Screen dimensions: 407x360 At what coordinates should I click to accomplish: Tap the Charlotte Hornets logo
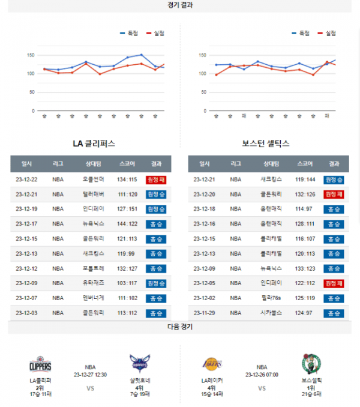coord(139,364)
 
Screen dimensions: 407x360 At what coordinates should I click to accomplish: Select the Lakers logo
coord(212,364)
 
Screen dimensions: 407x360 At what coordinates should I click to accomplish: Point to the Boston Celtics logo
coord(311,364)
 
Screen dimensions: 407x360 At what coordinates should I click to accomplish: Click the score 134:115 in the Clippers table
coord(127,179)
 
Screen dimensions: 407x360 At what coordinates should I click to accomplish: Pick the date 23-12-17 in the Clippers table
coord(26,223)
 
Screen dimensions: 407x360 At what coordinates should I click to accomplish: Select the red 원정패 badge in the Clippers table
coord(155,179)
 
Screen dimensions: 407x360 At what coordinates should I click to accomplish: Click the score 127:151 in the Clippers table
coord(127,209)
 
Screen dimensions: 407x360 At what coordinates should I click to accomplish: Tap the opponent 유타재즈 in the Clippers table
coord(93,283)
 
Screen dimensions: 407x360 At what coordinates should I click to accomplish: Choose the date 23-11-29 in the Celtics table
coord(204,312)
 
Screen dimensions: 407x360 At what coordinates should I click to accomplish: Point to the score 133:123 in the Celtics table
coord(305,268)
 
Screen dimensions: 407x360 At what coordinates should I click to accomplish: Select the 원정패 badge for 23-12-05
coord(334,283)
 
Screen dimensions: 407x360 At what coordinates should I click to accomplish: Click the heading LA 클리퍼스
coord(94,144)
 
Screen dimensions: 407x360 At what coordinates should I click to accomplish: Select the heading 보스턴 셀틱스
coord(266,144)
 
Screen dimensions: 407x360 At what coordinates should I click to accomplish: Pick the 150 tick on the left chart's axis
coord(30,55)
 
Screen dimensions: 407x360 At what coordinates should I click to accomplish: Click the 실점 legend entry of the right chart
coord(328,34)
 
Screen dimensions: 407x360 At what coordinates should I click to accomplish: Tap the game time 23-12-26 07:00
coord(262,374)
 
